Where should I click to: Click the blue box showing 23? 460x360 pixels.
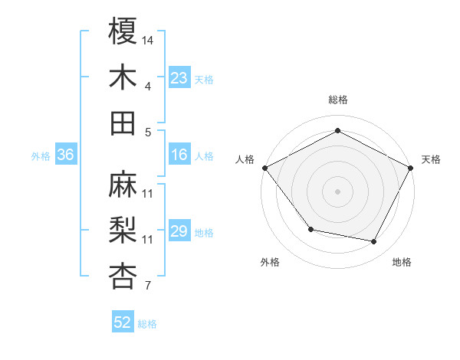pos(179,78)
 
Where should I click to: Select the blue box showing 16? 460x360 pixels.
pos(179,155)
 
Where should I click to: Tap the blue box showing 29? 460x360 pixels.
pos(179,232)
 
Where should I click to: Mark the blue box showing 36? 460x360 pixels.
pos(66,155)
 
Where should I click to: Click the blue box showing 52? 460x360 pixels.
pos(123,322)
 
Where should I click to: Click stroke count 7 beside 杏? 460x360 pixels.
pos(148,286)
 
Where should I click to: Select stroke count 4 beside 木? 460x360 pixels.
pos(148,87)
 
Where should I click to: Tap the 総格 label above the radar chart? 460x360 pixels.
pos(338,100)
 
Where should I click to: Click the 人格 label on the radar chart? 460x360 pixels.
pos(245,159)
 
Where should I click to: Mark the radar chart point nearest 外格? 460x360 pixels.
pos(310,229)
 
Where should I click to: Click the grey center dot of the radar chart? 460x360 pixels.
pos(338,191)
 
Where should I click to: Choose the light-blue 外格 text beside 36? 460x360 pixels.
pos(41,156)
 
